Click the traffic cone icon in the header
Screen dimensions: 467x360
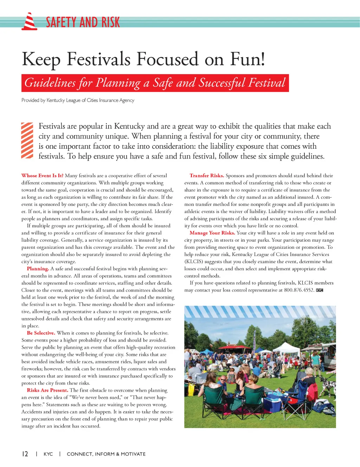tap(30, 22)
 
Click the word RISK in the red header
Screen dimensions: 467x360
tap(111, 22)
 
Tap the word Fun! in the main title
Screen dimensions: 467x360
tap(247, 59)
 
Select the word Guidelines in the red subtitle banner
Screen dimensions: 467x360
tap(50, 83)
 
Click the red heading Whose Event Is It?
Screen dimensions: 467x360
tap(42, 176)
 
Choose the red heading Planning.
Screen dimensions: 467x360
tap(38, 269)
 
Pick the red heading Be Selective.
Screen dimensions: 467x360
tap(41, 333)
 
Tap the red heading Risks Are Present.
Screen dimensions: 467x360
tap(47, 390)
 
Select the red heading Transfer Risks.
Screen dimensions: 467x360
tap(207, 176)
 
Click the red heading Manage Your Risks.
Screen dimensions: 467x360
tap(212, 233)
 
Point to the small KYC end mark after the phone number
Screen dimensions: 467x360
tap(320, 290)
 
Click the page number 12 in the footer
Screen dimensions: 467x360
tap(25, 454)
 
